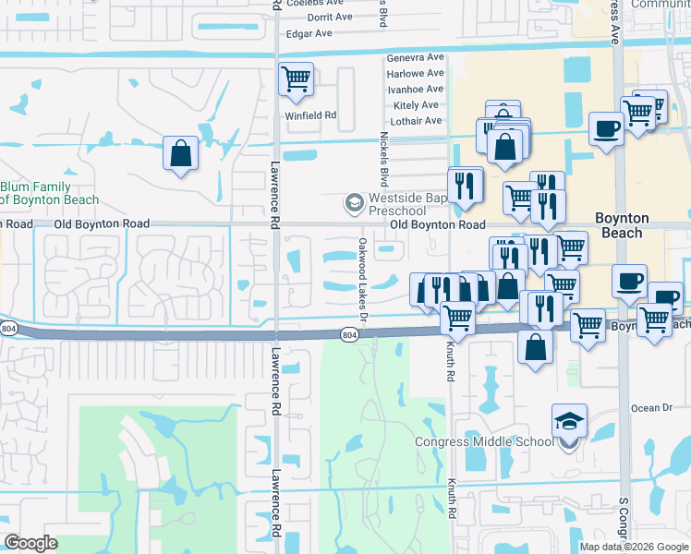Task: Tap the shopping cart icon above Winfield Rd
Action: coord(296,79)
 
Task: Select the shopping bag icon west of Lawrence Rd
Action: coord(181,153)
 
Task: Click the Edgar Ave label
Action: coord(309,33)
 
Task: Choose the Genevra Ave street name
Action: coord(415,57)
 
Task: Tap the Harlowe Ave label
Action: coord(415,73)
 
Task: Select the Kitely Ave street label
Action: coord(417,105)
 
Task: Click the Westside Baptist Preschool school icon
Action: coord(352,200)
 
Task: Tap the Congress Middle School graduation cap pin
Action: coord(568,422)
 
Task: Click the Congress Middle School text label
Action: coord(484,441)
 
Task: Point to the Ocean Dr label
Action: coord(652,408)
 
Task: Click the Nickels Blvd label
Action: coord(382,156)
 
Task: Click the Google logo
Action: coord(30,543)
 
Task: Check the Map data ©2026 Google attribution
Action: coord(634,547)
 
